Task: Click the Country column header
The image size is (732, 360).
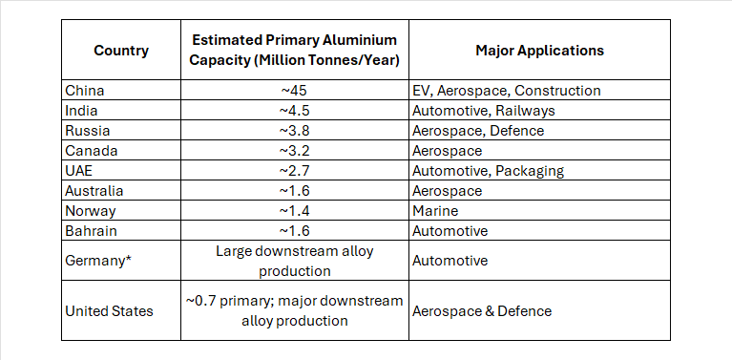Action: [121, 51]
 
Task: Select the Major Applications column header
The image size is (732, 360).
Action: [539, 51]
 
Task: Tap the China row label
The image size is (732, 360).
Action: [85, 90]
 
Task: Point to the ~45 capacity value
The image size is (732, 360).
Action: [294, 90]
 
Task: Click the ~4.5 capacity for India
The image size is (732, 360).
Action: [294, 111]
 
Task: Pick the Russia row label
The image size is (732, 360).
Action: [87, 131]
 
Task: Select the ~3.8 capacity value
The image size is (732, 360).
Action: [294, 131]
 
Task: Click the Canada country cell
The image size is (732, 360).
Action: [92, 151]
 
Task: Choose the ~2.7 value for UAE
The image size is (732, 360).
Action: [294, 171]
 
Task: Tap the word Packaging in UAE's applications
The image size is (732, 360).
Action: [530, 171]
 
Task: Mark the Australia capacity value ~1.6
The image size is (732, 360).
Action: [294, 191]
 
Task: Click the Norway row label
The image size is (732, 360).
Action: [90, 211]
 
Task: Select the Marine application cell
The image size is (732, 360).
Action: [435, 211]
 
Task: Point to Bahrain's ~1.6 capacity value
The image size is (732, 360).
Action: [294, 231]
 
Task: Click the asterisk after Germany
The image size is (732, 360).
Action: [128, 257]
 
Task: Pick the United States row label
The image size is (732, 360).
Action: [109, 311]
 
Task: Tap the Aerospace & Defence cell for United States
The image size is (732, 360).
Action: [482, 311]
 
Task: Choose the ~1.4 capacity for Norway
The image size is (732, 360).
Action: [294, 211]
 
